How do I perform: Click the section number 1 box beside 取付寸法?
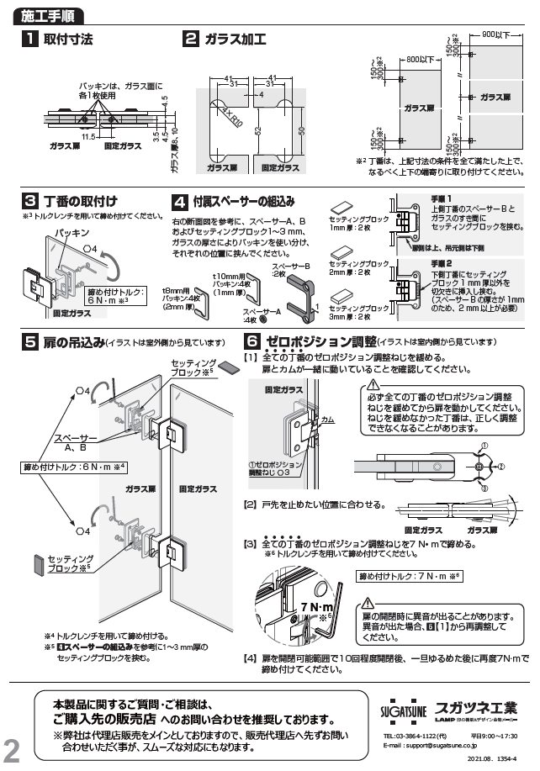[x=29, y=39]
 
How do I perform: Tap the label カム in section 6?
[x=328, y=418]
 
